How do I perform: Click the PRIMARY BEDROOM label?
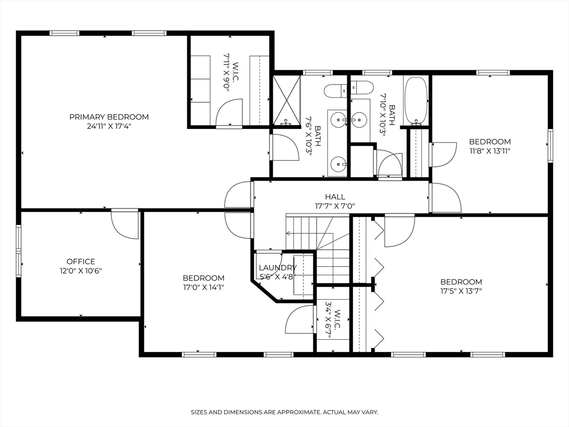click(x=109, y=117)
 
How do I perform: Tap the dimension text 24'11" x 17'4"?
click(x=109, y=126)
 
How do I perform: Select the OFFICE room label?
click(x=81, y=261)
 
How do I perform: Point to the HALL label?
click(x=335, y=197)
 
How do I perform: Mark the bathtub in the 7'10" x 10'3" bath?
click(x=415, y=100)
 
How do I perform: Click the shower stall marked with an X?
click(x=286, y=100)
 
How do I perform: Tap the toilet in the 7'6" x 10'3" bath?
click(x=336, y=90)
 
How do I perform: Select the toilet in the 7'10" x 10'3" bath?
click(x=362, y=88)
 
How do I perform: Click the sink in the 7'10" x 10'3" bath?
click(x=360, y=118)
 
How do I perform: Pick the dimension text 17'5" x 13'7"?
click(x=461, y=291)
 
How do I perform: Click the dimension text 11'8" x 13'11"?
click(x=490, y=151)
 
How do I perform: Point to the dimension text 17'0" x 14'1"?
click(x=203, y=287)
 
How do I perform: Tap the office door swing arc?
click(x=124, y=226)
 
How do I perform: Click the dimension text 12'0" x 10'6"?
click(x=81, y=271)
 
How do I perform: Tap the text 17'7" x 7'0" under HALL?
click(x=335, y=206)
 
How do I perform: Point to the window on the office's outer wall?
click(x=18, y=251)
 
